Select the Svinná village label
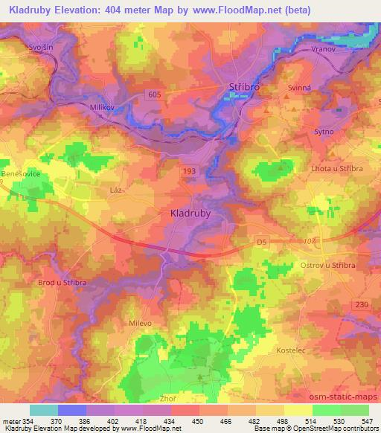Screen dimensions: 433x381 299,88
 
